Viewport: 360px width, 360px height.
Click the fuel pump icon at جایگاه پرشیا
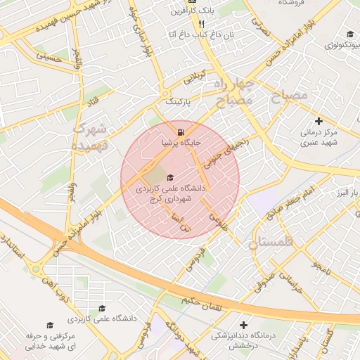pyautogui.click(x=182, y=132)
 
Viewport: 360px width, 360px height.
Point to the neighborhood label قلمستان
pyautogui.click(x=274, y=243)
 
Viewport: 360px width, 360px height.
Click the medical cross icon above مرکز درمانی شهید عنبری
pyautogui.click(x=319, y=121)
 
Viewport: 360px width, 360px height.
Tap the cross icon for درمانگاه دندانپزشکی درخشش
pyautogui.click(x=244, y=325)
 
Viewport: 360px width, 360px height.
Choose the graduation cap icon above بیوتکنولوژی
pyautogui.click(x=350, y=34)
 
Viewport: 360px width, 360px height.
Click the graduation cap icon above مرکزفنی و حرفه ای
pyautogui.click(x=49, y=325)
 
